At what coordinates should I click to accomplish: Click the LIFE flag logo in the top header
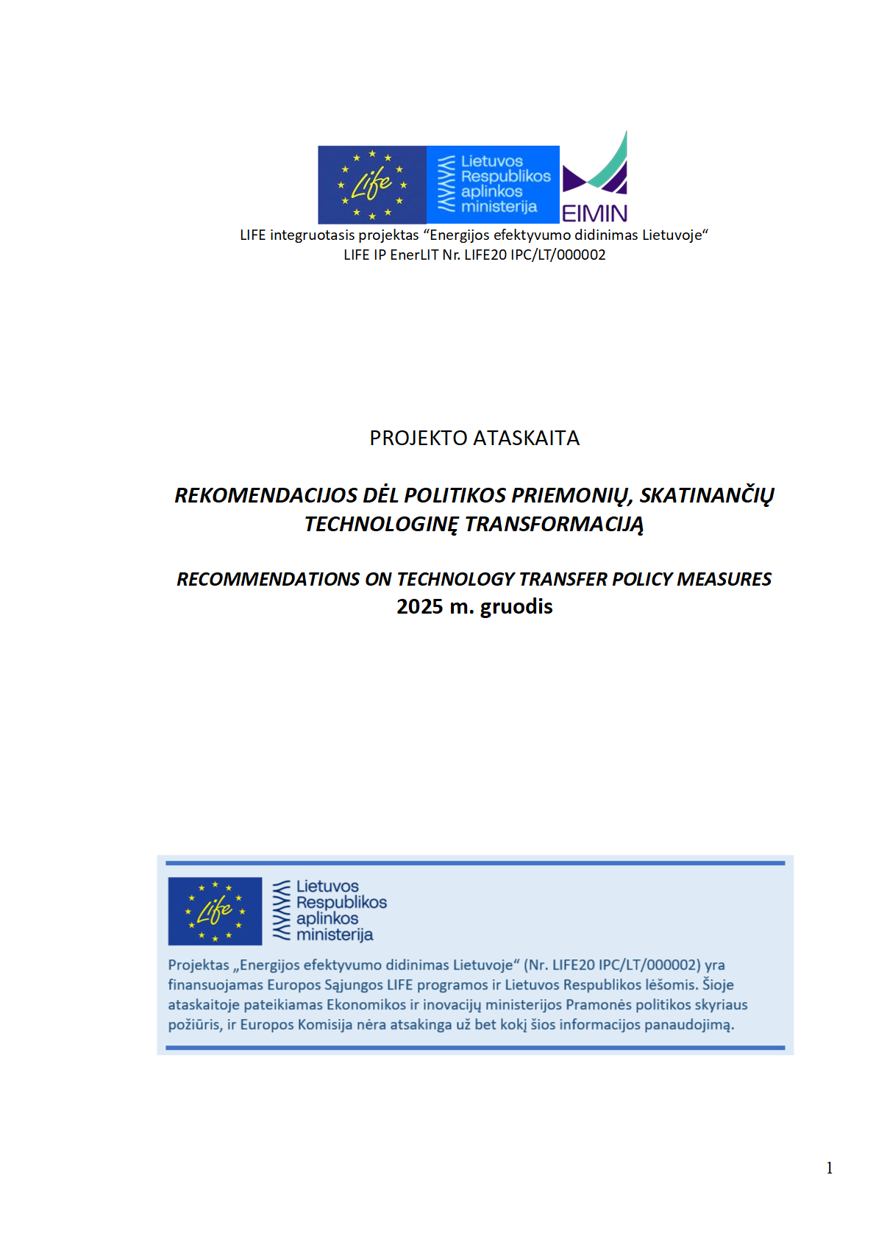(x=371, y=185)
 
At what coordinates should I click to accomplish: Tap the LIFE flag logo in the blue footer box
(x=215, y=911)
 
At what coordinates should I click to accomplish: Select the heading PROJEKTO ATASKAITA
(x=474, y=439)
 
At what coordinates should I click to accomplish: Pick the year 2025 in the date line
(x=419, y=607)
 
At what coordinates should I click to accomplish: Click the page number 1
(x=829, y=1168)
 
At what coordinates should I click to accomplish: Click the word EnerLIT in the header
(x=414, y=255)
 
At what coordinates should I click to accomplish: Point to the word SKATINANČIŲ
(x=706, y=496)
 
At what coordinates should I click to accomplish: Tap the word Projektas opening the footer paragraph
(x=199, y=965)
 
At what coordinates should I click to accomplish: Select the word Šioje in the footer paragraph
(x=718, y=985)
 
